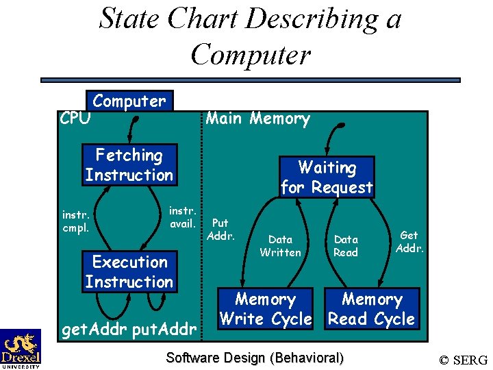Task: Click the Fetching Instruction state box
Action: pyautogui.click(x=129, y=165)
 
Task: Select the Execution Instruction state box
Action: pyautogui.click(x=129, y=272)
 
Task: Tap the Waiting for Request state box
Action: pyautogui.click(x=327, y=177)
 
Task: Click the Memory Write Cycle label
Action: pyautogui.click(x=265, y=309)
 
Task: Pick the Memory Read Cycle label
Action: pyautogui.click(x=372, y=309)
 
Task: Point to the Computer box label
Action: pyautogui.click(x=129, y=101)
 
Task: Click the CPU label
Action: pyautogui.click(x=75, y=119)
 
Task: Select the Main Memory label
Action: pyautogui.click(x=258, y=119)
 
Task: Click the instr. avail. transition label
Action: pyautogui.click(x=183, y=216)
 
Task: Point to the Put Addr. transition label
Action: pyautogui.click(x=220, y=230)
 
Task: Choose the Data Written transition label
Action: pyautogui.click(x=280, y=246)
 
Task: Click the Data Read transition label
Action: pyautogui.click(x=346, y=246)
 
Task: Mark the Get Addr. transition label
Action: pyautogui.click(x=409, y=242)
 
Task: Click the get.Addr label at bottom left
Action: pyautogui.click(x=94, y=330)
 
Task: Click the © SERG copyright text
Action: pyautogui.click(x=464, y=360)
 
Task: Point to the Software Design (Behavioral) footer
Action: pyautogui.click(x=255, y=358)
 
